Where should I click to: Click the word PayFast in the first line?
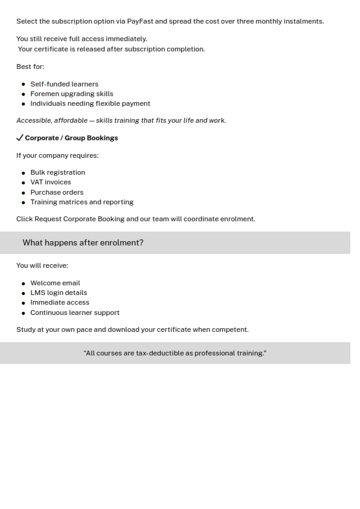[140, 21]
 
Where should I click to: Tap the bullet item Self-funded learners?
[64, 84]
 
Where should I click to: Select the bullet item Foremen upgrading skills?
[71, 94]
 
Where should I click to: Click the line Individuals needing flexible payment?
[90, 103]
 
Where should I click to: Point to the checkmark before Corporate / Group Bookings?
[20, 138]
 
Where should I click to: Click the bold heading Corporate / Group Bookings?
[71, 138]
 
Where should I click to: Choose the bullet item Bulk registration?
[57, 172]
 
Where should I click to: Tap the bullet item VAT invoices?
[51, 182]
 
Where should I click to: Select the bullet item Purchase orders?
[57, 192]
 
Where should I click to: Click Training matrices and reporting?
[82, 202]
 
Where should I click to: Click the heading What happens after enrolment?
[83, 242]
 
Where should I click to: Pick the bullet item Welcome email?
[55, 283]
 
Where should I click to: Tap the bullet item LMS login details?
[59, 293]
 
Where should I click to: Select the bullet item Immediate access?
[60, 302]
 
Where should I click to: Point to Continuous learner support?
[75, 313]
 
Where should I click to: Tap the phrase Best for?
[30, 66]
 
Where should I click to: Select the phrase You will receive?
[42, 265]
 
